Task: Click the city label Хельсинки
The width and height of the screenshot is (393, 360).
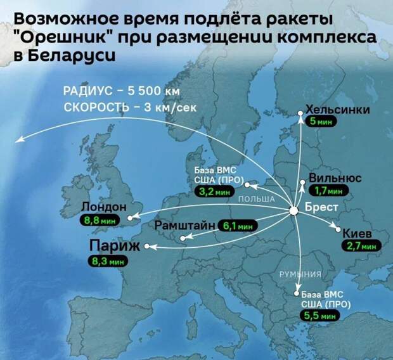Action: coord(337,109)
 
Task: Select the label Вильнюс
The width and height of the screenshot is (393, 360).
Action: coord(335,178)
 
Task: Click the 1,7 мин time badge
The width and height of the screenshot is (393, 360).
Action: coord(328,190)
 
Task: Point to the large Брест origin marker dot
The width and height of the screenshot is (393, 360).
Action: coord(294,211)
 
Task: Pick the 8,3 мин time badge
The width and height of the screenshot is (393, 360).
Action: coord(107,260)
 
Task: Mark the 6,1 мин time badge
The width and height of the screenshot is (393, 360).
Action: coord(238,225)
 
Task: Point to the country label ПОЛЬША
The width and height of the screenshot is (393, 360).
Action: coord(256,199)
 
